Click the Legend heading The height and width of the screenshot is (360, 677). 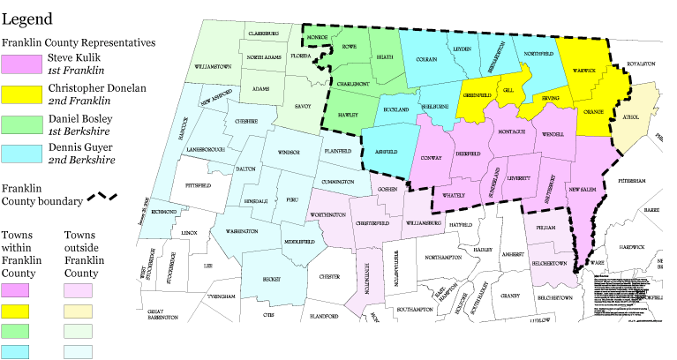(x=26, y=19)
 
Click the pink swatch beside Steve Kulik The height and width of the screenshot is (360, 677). (x=23, y=64)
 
